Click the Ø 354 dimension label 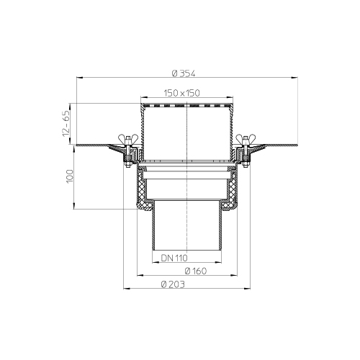[x=184, y=73]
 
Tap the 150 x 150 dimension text [x=181, y=93]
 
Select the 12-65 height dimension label [x=66, y=123]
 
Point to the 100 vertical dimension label [x=70, y=176]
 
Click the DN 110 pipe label [x=174, y=258]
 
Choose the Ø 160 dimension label [x=196, y=271]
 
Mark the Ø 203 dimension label [x=173, y=284]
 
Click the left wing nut [x=128, y=139]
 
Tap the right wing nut [x=246, y=139]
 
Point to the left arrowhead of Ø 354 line [x=79, y=78]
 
